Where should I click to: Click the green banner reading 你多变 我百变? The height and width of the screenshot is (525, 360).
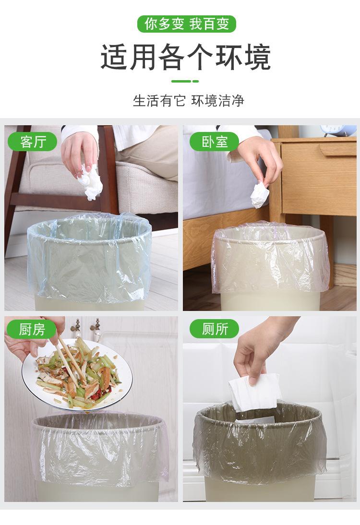(187, 24)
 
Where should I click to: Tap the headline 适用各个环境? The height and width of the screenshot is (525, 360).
(186, 58)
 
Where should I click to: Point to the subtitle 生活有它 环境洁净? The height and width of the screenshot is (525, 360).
(189, 101)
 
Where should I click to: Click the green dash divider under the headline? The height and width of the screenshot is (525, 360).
(185, 81)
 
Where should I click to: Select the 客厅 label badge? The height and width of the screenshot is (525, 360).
(33, 142)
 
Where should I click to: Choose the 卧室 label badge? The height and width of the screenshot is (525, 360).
(215, 142)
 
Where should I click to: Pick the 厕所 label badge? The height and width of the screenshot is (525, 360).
(215, 329)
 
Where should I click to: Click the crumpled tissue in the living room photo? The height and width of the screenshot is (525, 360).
(89, 182)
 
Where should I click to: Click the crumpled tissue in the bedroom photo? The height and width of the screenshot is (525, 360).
(260, 195)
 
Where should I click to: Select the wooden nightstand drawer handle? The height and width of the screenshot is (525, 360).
(337, 149)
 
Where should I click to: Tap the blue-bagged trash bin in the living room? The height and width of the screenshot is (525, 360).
(89, 262)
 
